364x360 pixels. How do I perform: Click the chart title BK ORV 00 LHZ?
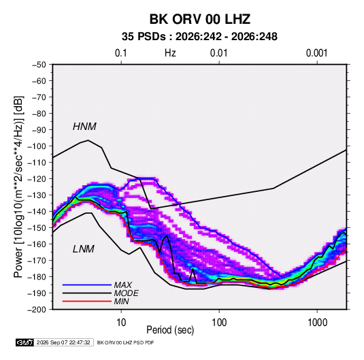199,19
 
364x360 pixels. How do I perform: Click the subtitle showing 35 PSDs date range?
199,37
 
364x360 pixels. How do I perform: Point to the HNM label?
84,127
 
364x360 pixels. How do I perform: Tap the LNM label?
84,249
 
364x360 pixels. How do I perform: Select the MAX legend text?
122,285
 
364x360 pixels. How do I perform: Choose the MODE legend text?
127,293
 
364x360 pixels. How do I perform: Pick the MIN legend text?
121,301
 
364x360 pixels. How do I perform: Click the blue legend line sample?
87,285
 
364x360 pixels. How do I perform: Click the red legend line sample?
87,301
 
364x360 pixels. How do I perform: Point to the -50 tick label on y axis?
39,65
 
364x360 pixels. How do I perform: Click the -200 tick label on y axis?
37,310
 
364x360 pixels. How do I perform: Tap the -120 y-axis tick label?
37,179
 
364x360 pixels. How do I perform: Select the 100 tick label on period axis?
219,323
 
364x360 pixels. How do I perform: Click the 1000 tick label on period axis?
317,323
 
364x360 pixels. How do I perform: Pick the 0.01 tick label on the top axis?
218,53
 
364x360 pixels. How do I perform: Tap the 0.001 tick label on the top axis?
316,53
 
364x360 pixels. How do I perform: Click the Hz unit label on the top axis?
170,53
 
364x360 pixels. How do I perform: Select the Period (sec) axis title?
170,330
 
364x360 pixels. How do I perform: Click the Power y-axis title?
18,187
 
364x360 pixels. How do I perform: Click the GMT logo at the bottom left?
24,342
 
